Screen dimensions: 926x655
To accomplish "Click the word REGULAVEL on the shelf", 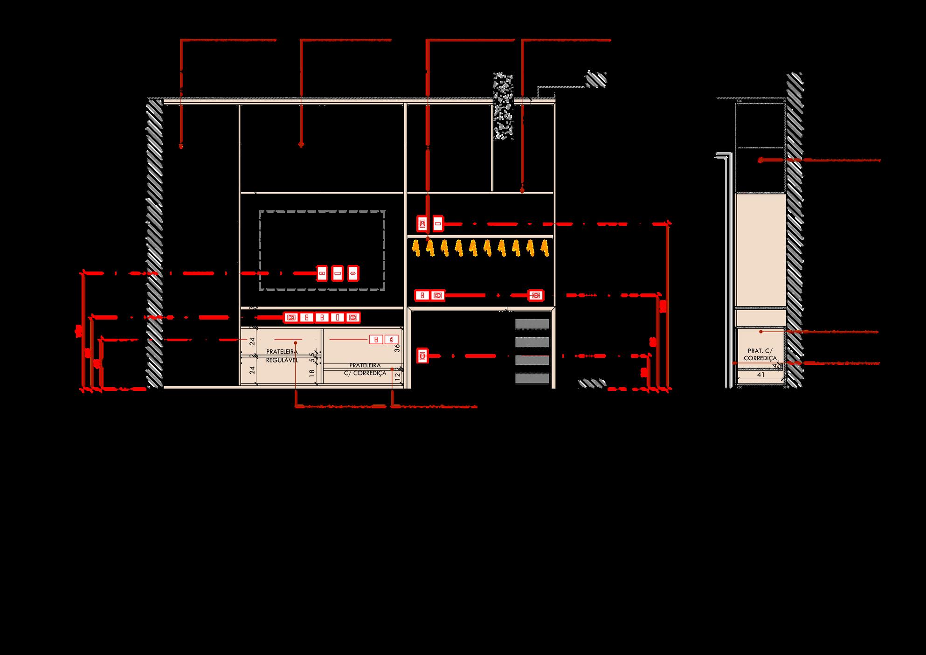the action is point(282,360).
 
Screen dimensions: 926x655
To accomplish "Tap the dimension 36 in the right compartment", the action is point(397,348).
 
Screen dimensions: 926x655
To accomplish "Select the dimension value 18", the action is point(312,373).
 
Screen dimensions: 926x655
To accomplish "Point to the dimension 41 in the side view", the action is point(760,375).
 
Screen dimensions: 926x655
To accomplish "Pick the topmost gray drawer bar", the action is point(532,324).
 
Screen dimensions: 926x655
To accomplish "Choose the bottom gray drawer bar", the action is point(532,378).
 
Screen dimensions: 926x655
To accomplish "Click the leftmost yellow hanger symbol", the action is point(415,248).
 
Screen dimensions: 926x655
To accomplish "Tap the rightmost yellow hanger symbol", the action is point(544,248).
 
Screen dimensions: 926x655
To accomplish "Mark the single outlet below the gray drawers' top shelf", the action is point(422,356).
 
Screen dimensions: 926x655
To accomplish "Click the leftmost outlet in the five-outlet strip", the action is point(291,318).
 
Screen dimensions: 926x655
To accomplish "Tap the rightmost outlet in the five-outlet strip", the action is point(353,318).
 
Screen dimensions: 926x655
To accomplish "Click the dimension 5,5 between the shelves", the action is point(312,357).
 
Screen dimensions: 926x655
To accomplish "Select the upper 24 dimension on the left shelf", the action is point(252,341).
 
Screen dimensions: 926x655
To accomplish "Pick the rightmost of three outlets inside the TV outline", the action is point(353,273).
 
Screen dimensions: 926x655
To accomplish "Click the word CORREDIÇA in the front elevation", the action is point(370,373).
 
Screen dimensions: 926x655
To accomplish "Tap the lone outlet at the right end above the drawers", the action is point(536,295).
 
